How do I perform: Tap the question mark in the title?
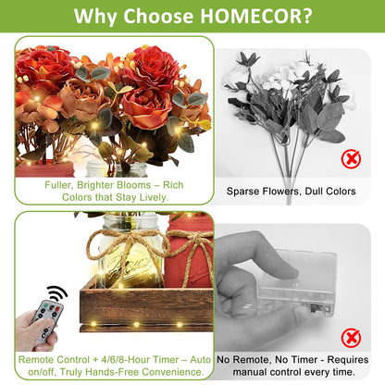pos(306,16)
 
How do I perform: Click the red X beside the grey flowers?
pos(351,158)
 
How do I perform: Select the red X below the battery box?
pos(351,338)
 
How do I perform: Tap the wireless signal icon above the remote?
pos(56,294)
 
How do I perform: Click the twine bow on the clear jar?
pos(128,243)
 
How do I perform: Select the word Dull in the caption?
pos(314,192)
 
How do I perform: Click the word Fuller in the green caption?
pos(58,185)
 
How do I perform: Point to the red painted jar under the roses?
pos(44,169)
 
